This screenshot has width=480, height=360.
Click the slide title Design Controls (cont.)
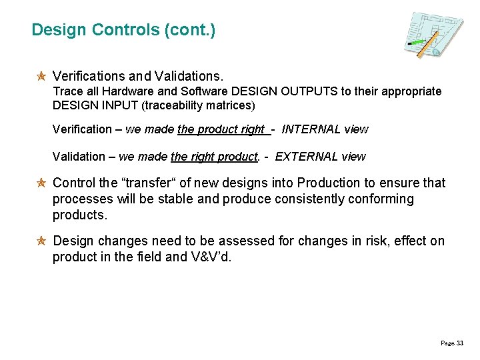[x=123, y=30]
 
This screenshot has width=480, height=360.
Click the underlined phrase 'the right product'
[x=214, y=157]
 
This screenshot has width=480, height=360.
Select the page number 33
[x=459, y=343]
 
